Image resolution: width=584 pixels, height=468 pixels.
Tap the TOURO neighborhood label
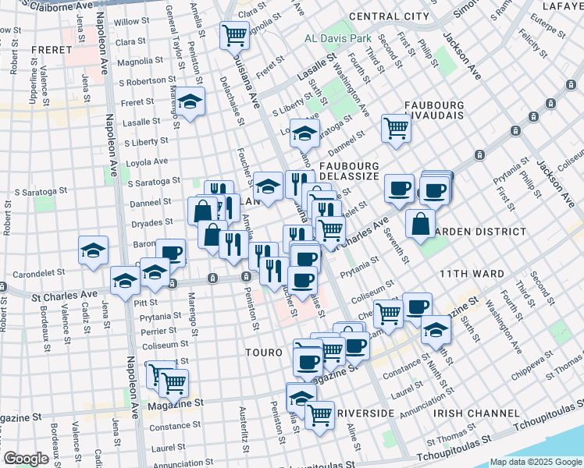263,353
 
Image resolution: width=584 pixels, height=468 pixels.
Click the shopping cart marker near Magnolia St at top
234,34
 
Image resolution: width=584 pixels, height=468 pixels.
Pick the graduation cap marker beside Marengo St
188,102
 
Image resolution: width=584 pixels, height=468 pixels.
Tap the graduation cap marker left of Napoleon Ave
93,250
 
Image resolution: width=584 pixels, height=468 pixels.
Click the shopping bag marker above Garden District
420,222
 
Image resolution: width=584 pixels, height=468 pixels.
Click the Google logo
26,459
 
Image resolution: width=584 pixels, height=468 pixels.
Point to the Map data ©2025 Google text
535,462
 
